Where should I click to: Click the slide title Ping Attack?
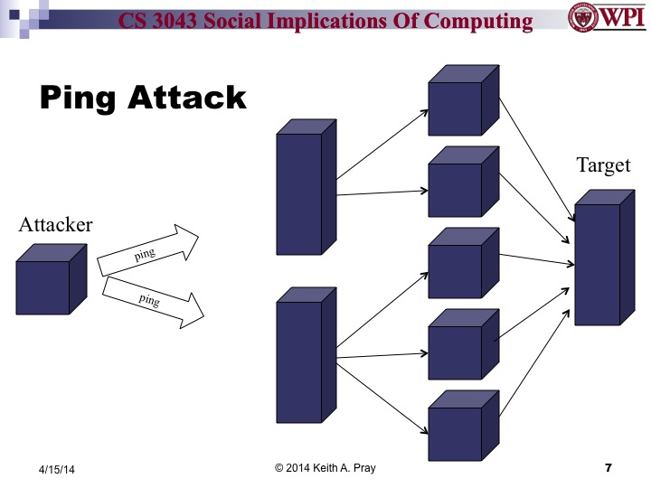coord(142,97)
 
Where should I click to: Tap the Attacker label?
coord(55,225)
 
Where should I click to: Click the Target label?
coord(603,166)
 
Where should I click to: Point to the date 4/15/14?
coord(56,470)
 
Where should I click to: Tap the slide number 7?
coord(608,468)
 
